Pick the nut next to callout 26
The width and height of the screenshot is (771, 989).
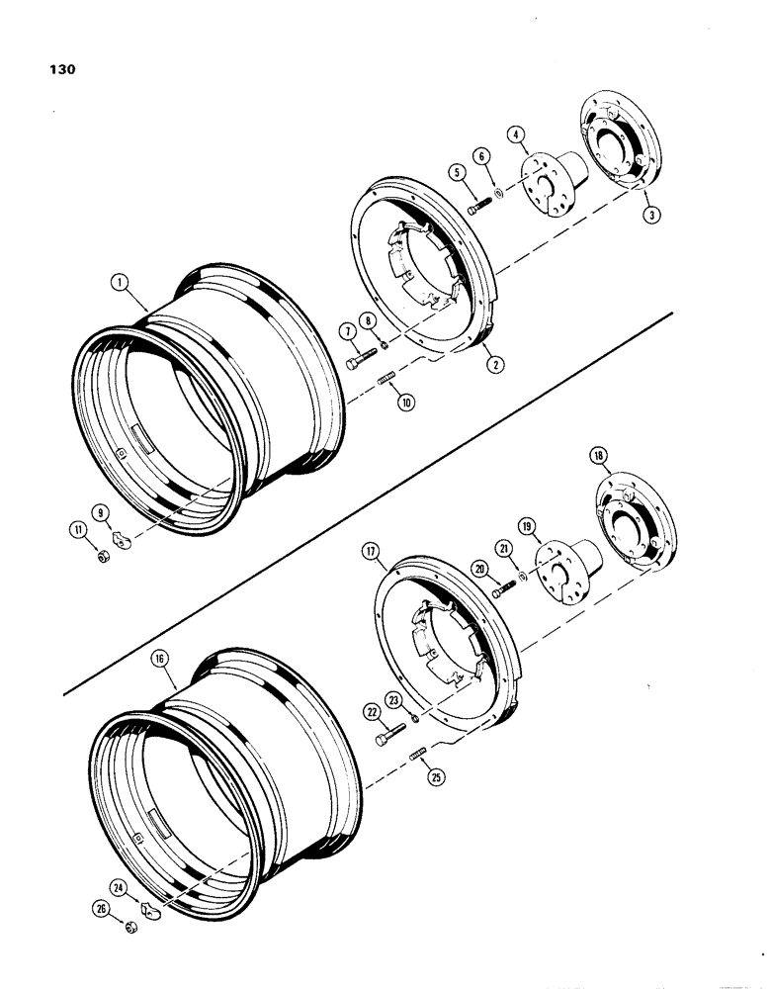click(131, 928)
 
